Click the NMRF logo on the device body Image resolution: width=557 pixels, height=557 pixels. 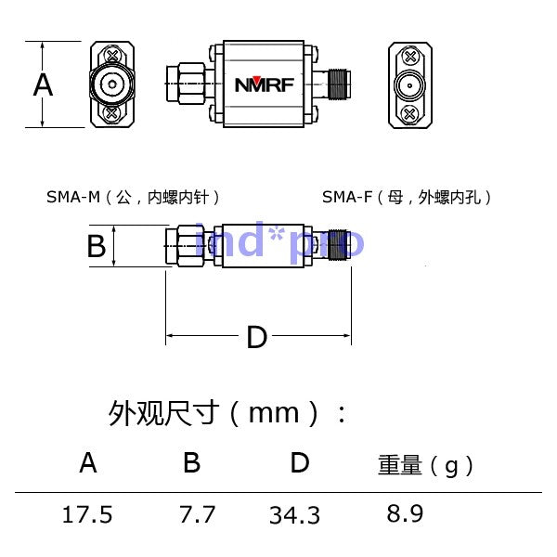265,84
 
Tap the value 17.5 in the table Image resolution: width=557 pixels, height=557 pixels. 87,514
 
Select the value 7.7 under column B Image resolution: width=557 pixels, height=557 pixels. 197,514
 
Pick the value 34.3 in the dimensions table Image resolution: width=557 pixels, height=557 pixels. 295,515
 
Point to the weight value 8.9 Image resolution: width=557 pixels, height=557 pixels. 405,513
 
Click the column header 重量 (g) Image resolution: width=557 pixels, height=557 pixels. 425,465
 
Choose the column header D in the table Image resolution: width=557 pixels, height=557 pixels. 300,462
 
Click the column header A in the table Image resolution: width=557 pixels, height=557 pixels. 88,462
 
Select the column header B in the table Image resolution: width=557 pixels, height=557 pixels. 191,462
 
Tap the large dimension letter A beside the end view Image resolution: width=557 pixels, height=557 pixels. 43,84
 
